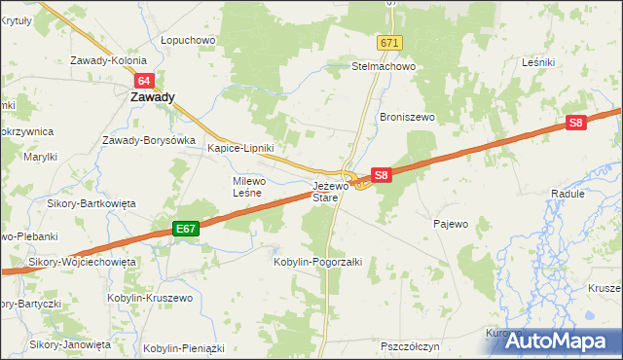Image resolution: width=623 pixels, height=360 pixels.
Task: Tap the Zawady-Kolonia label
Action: [107, 60]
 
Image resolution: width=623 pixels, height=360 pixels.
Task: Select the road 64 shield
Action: [144, 82]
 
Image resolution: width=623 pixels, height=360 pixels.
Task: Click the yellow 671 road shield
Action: [390, 44]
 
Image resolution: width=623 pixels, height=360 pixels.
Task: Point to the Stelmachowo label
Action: [384, 67]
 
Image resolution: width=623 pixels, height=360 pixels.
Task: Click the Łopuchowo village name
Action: [188, 40]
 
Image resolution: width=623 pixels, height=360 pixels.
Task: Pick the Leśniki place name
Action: [537, 61]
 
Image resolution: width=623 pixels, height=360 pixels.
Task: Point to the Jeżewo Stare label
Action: [325, 191]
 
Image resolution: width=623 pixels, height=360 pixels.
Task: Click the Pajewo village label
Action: [451, 224]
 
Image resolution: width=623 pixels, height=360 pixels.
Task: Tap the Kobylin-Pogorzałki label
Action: [318, 262]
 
